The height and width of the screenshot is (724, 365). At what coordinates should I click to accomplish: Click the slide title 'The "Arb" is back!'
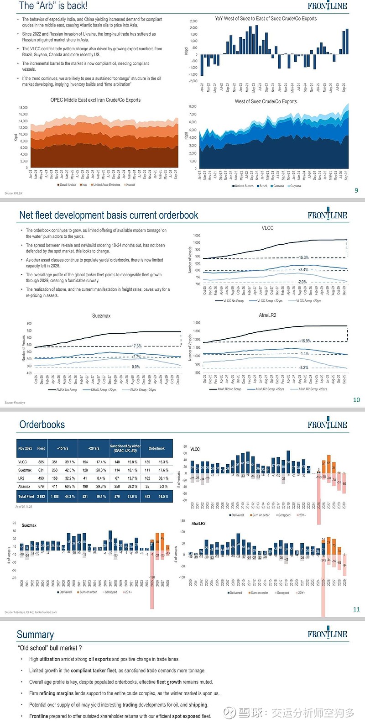point(53,6)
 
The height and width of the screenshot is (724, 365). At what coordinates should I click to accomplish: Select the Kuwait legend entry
point(130,185)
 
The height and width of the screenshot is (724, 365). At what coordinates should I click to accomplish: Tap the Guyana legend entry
point(295,186)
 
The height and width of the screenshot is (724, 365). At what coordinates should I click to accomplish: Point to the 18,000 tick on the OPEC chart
point(23,108)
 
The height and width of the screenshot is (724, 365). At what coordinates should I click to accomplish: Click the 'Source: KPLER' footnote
point(14,193)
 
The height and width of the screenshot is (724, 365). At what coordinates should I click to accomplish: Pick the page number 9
point(356,190)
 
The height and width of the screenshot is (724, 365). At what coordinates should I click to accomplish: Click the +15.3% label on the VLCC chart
point(303,257)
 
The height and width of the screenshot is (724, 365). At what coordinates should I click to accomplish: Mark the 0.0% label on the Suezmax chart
point(136,367)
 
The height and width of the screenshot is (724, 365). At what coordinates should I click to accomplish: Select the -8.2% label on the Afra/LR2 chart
point(303,367)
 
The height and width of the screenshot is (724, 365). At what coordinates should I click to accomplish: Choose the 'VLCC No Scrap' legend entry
point(233,301)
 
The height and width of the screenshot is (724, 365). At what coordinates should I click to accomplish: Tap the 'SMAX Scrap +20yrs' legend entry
point(142,390)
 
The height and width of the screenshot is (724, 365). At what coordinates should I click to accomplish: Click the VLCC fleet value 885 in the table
point(41,462)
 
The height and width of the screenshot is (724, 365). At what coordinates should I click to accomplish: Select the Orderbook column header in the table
point(156,448)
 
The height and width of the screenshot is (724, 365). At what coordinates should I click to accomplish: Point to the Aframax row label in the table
point(24,486)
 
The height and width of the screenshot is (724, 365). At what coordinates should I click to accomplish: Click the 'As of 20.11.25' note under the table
point(24,507)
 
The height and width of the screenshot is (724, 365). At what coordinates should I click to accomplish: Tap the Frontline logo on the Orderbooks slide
point(327,424)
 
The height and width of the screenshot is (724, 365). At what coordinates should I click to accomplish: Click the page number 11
point(356,609)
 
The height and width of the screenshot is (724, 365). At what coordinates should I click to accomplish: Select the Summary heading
point(35,635)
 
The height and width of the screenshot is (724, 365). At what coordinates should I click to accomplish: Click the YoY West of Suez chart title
point(266,19)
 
